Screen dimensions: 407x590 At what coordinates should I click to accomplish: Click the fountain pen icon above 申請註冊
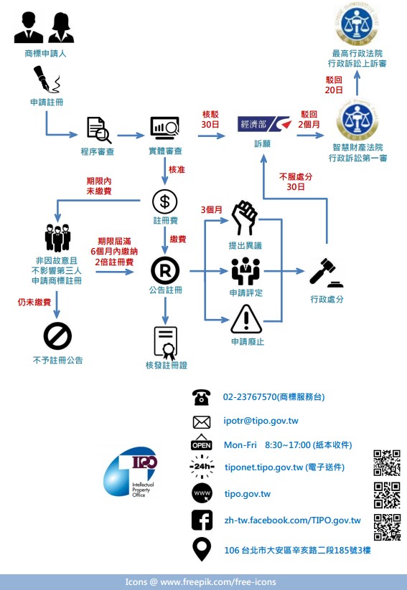47,79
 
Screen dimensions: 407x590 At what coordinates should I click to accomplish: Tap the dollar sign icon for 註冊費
164,201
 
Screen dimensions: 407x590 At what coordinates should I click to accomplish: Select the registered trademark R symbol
165,270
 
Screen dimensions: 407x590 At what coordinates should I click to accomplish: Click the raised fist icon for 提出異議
245,218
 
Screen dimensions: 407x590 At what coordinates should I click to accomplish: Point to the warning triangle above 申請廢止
246,319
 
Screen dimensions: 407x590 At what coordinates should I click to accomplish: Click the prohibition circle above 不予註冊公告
57,336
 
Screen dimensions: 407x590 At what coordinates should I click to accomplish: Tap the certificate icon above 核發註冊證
165,343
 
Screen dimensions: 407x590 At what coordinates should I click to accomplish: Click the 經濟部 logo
264,124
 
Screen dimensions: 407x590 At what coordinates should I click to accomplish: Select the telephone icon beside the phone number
201,397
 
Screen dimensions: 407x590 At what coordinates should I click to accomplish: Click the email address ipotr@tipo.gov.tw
261,421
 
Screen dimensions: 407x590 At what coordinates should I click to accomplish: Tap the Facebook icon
202,520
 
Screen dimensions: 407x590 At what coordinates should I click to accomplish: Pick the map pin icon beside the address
202,549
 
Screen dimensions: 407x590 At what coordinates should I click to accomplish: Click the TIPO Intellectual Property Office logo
131,473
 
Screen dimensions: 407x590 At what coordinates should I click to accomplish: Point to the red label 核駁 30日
210,119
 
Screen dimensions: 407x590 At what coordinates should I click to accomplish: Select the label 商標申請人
45,54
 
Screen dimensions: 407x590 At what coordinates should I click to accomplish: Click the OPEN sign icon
202,442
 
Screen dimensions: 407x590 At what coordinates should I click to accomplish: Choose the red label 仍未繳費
34,302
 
